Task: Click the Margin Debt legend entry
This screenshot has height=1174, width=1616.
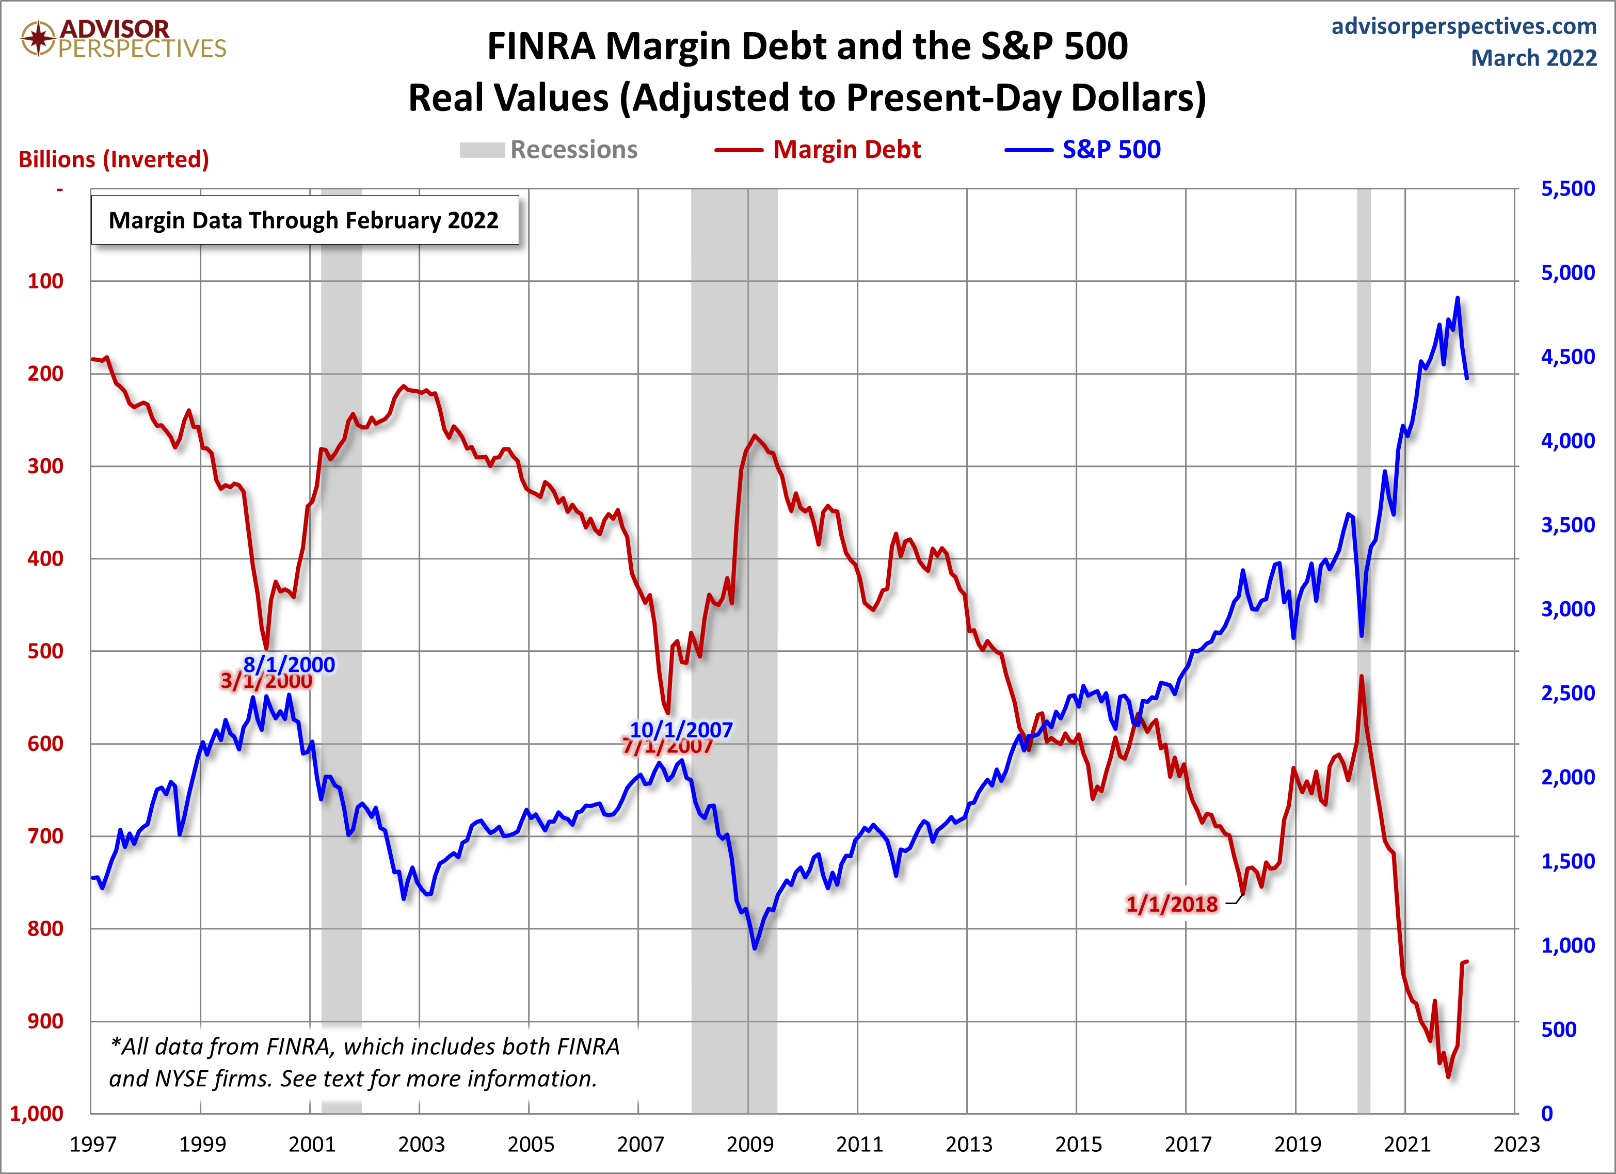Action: point(846,150)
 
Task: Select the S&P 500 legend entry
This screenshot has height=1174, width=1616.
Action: point(1110,150)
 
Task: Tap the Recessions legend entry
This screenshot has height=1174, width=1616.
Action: point(573,150)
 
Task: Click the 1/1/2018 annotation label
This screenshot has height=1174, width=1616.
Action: point(1172,904)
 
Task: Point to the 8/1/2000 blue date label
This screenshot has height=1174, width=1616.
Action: point(289,664)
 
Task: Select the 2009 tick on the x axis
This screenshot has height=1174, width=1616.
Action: point(749,1144)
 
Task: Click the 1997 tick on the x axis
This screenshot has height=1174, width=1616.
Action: point(92,1144)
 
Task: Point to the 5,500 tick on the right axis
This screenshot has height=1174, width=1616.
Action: point(1567,189)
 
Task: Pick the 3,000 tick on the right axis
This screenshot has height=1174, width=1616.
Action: point(1567,609)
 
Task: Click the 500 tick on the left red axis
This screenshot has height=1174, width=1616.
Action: point(45,651)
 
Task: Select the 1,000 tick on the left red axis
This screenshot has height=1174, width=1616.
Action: point(37,1114)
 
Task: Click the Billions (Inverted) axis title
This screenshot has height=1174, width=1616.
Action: point(114,159)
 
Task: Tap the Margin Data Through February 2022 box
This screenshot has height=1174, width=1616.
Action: point(304,220)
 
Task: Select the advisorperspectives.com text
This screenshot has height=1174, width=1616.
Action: point(1464,26)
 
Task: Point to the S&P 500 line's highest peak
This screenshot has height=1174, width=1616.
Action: point(1457,298)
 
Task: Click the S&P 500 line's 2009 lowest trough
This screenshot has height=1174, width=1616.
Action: point(755,948)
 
